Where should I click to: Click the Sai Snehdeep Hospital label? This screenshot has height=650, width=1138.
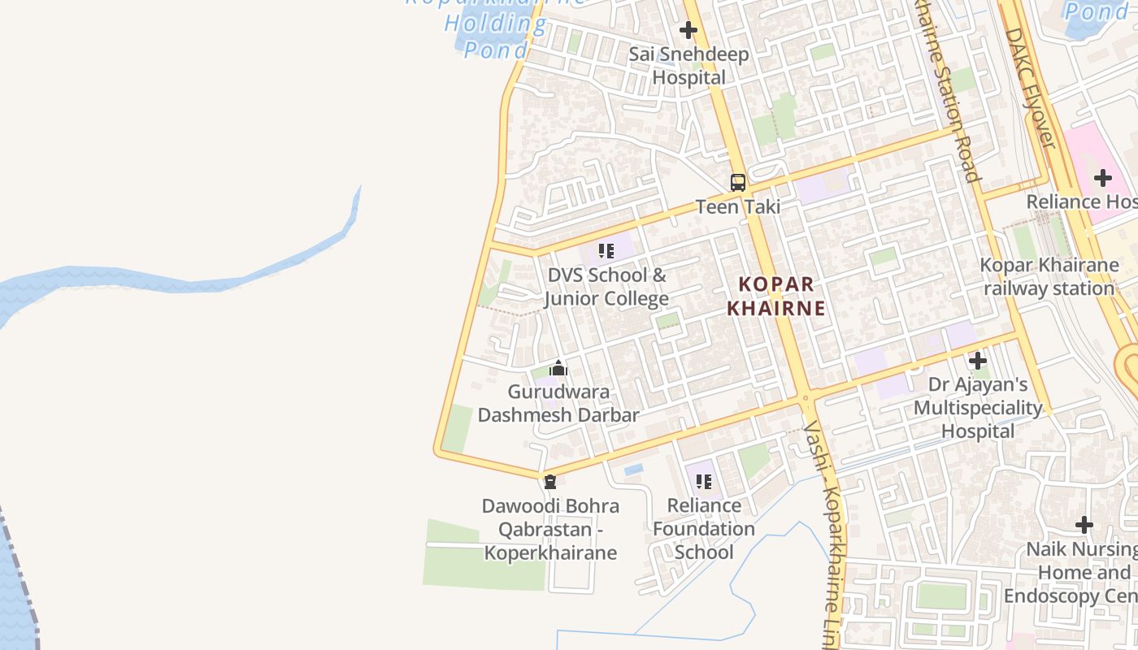pyautogui.click(x=689, y=66)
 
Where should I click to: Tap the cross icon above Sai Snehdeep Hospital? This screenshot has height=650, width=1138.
pyautogui.click(x=688, y=31)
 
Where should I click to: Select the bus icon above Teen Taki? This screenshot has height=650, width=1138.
pyautogui.click(x=738, y=183)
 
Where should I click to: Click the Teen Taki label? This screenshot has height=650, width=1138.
pyautogui.click(x=738, y=206)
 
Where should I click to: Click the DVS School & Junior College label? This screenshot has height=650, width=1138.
pyautogui.click(x=606, y=287)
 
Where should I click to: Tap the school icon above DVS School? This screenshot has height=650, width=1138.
pyautogui.click(x=606, y=251)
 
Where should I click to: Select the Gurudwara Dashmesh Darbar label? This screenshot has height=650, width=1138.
pyautogui.click(x=558, y=403)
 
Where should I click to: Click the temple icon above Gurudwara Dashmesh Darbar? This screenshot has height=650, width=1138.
pyautogui.click(x=558, y=369)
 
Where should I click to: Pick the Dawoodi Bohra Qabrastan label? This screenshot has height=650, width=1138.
pyautogui.click(x=550, y=529)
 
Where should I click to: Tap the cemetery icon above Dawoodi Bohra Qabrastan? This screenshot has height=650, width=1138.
pyautogui.click(x=550, y=482)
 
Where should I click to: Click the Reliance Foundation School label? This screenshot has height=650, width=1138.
pyautogui.click(x=704, y=529)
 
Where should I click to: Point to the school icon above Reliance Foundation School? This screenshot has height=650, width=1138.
pyautogui.click(x=704, y=482)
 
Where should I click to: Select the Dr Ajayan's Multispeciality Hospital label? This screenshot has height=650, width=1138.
pyautogui.click(x=978, y=407)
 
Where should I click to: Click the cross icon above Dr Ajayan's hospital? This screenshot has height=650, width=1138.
pyautogui.click(x=978, y=360)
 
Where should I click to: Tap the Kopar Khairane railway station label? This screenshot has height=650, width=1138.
pyautogui.click(x=1049, y=276)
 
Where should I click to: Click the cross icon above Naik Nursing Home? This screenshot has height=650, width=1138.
pyautogui.click(x=1084, y=525)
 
